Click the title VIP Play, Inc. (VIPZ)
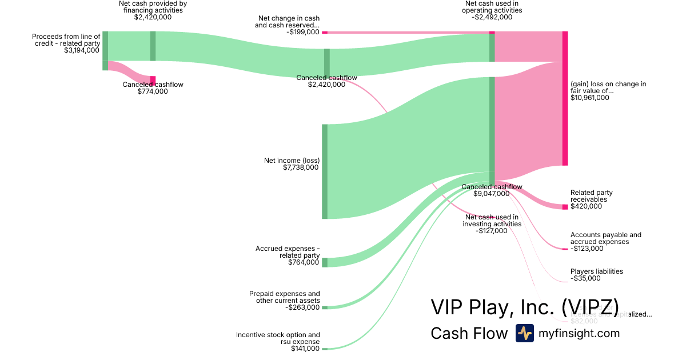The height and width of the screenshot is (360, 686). [524, 307]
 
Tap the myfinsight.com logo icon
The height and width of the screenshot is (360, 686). [524, 333]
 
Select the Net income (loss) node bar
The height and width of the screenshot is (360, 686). [325, 171]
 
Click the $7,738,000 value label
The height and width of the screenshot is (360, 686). [301, 167]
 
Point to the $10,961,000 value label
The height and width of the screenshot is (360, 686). [590, 98]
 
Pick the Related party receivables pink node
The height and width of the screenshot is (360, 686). [565, 206]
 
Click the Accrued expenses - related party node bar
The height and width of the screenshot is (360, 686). [325, 262]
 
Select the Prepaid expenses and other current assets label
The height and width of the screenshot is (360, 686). [285, 297]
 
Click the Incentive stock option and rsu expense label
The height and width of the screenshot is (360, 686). [278, 338]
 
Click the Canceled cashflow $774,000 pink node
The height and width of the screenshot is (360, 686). [153, 81]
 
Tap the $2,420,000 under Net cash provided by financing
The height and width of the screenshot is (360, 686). [153, 17]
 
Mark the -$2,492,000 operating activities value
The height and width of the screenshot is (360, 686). [492, 17]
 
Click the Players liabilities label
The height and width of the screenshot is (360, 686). [597, 271]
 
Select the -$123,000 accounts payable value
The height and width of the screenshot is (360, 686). [587, 249]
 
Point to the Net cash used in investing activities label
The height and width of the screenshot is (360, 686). [492, 221]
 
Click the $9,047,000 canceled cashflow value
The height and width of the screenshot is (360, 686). [491, 194]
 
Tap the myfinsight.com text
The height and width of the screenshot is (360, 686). [579, 333]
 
